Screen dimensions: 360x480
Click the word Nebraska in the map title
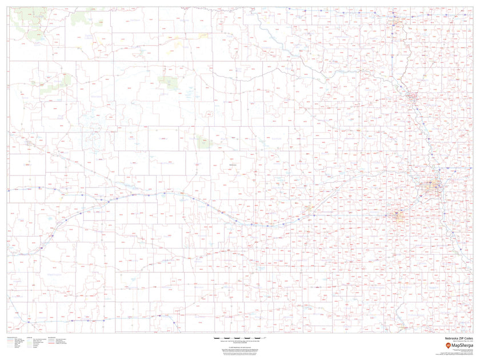[x=447, y=338]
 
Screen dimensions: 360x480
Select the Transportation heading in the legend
[x=11, y=338]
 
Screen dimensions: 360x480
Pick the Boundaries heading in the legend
[x=51, y=338]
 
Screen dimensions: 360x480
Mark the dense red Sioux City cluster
[x=413, y=98]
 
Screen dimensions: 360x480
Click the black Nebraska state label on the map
[x=233, y=164]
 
